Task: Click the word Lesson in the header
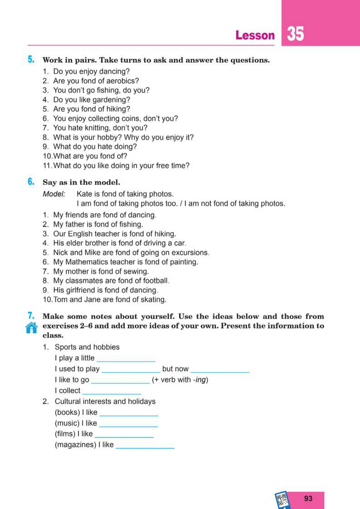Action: (255, 36)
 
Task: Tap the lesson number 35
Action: (296, 34)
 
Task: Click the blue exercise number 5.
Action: (31, 60)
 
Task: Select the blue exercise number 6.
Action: (31, 182)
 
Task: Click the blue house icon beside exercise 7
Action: (32, 327)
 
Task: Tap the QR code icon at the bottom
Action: (282, 500)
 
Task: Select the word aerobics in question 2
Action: (123, 81)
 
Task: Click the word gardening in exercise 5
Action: (112, 99)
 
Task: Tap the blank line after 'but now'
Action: (220, 371)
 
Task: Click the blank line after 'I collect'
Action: (111, 392)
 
